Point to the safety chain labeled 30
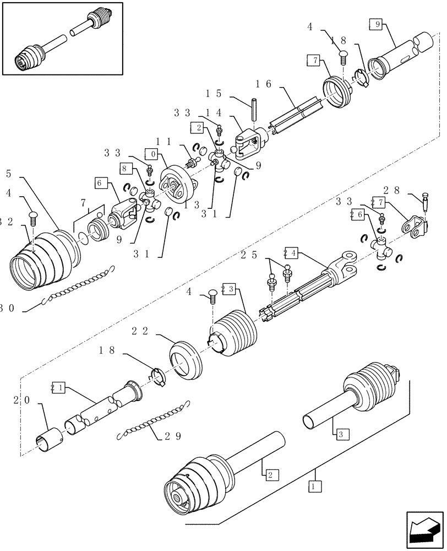77,285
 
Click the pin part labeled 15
255,108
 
